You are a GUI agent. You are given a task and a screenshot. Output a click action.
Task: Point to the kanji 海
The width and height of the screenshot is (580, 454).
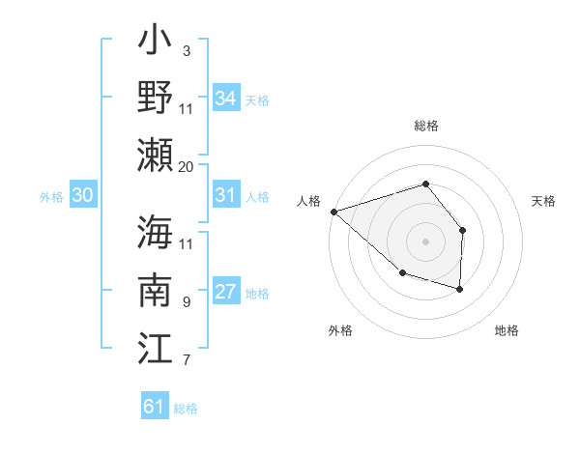156,233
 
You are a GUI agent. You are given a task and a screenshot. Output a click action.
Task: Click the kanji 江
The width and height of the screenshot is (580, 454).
156,346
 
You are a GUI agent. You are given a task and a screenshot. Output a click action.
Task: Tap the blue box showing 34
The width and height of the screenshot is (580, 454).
225,99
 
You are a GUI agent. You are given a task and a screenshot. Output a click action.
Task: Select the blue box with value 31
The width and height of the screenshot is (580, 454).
225,195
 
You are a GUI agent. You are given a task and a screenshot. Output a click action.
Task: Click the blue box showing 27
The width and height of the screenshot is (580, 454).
225,293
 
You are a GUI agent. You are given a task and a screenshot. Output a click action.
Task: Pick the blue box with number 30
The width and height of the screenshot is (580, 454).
83,195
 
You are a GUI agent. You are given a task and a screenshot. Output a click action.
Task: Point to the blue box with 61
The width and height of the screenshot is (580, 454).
154,407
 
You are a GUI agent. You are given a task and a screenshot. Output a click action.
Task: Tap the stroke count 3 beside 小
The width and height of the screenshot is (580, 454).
186,50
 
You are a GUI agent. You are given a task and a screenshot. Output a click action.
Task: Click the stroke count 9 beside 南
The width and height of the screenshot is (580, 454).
186,302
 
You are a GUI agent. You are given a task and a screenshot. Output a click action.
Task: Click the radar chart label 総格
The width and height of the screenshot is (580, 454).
425,126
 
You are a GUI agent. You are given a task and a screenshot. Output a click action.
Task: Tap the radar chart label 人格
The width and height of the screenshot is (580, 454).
308,201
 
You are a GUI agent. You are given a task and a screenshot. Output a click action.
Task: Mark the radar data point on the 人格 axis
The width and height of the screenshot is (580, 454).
333,211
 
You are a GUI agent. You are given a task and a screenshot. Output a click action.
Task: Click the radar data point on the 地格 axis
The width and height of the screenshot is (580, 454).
460,289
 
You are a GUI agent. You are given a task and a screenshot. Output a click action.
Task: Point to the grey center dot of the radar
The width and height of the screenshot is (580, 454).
425,241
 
